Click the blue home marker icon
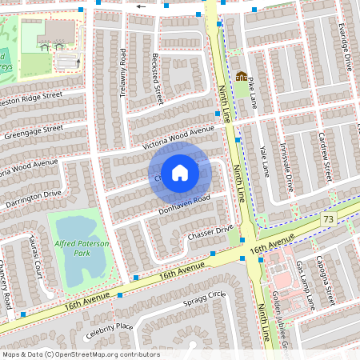(180, 172)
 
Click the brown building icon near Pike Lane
(242, 76)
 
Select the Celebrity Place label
(111, 326)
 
